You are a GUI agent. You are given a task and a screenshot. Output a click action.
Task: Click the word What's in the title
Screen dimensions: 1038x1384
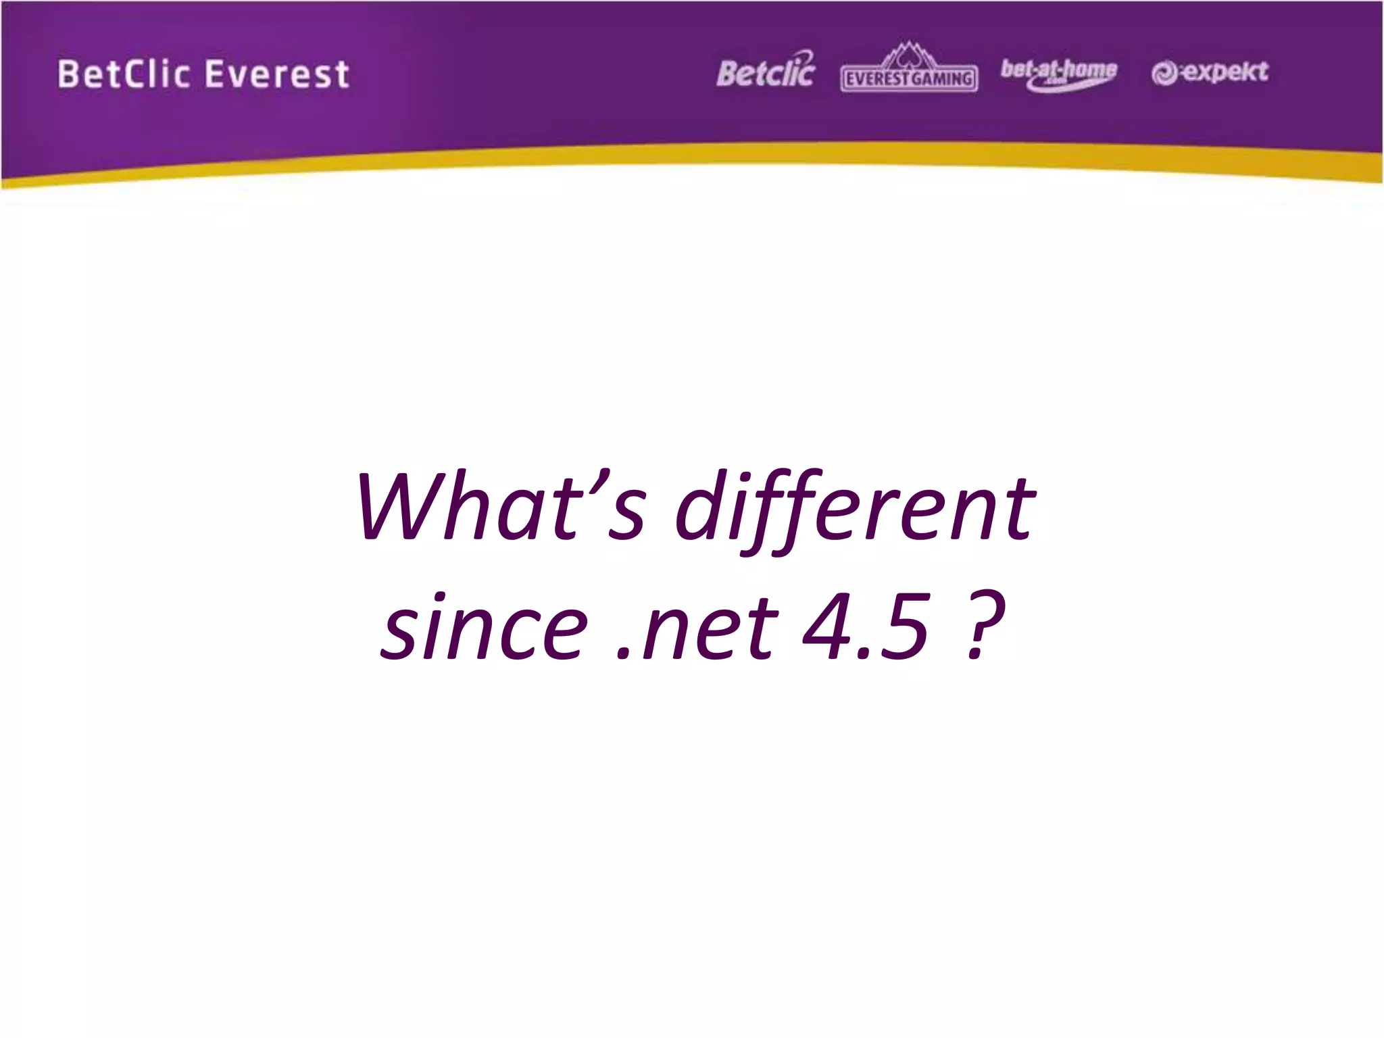click(x=500, y=507)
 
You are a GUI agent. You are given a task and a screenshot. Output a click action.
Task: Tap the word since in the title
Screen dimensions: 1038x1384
click(x=483, y=626)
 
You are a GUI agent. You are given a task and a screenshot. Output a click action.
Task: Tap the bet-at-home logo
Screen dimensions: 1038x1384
click(x=1058, y=73)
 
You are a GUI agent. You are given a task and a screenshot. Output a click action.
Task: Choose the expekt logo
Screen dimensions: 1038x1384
click(x=1210, y=72)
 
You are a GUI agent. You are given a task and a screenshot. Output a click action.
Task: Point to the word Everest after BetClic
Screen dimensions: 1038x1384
click(x=276, y=74)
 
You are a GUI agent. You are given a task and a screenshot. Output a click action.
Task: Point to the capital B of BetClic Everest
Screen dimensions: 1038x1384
click(x=68, y=74)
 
